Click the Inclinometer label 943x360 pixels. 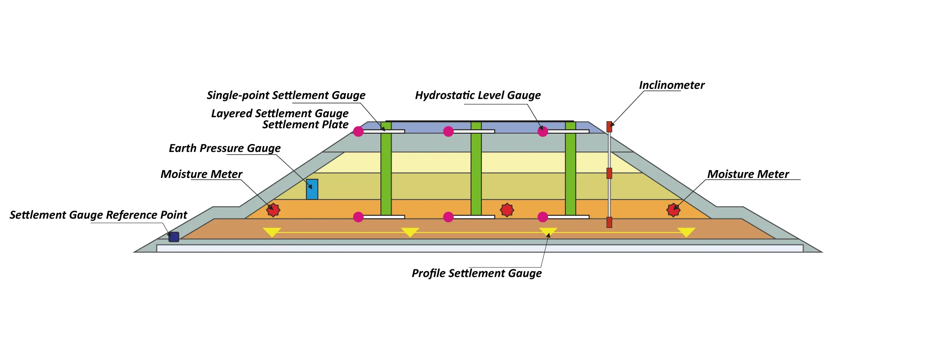(x=671, y=85)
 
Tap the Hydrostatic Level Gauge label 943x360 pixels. (x=478, y=96)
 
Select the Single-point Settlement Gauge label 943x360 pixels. (x=286, y=96)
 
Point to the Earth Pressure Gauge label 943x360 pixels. (x=224, y=149)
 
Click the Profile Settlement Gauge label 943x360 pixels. (x=476, y=274)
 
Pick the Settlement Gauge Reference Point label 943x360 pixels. (x=98, y=215)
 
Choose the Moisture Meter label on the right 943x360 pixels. (x=748, y=174)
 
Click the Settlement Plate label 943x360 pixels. (x=305, y=125)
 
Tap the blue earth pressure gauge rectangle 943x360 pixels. (x=312, y=190)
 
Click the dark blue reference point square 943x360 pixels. (x=174, y=237)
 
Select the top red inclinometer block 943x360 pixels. (x=609, y=127)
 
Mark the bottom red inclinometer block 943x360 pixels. (x=609, y=222)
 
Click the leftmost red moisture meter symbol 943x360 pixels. (x=273, y=210)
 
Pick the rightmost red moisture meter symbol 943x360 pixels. (x=674, y=210)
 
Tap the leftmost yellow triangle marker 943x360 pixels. (x=272, y=232)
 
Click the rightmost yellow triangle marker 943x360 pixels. (x=686, y=232)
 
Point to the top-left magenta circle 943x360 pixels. (x=358, y=132)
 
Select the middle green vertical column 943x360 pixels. (x=476, y=168)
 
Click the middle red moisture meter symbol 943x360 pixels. (x=507, y=210)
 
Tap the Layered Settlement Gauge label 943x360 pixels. (x=279, y=114)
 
